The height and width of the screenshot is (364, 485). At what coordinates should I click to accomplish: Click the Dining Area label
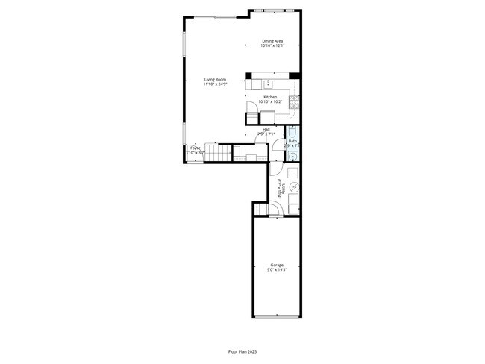coord(272,41)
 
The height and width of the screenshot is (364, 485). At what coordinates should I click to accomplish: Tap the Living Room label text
coord(215,80)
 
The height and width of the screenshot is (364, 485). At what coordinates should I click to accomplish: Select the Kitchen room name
coord(269,97)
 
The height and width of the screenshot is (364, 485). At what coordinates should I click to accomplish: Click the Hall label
coord(266,130)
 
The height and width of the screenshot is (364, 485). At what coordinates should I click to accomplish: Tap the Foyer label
coord(195,148)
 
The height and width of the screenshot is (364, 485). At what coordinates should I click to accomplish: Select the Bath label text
coord(293,142)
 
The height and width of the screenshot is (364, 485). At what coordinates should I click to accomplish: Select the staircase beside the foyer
coord(217,154)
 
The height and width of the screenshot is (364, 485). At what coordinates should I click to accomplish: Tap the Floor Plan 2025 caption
coord(242,351)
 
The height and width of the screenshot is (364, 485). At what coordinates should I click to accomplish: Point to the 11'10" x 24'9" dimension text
coord(215,84)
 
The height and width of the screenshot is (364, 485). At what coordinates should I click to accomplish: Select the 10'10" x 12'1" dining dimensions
coord(272,45)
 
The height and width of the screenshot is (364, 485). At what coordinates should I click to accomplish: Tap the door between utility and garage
coord(275,211)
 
